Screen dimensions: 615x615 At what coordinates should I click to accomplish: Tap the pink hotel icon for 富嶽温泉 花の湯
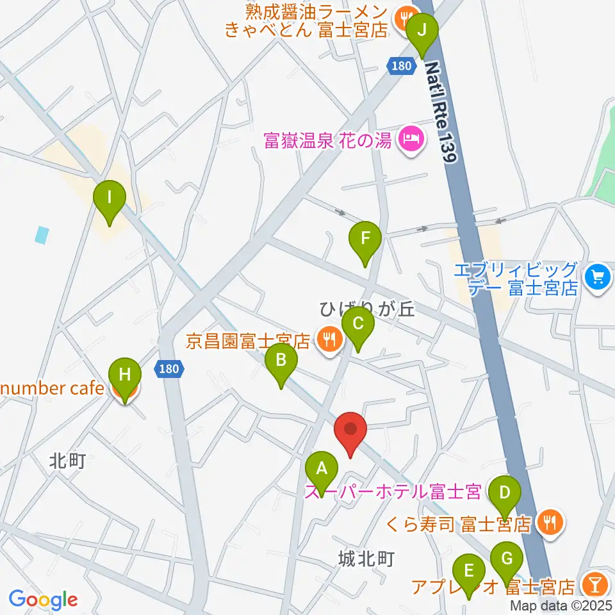[x=410, y=138]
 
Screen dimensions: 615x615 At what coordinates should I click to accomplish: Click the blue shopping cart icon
[x=598, y=276]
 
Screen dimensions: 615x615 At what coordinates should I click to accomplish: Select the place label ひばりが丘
[x=368, y=310]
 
